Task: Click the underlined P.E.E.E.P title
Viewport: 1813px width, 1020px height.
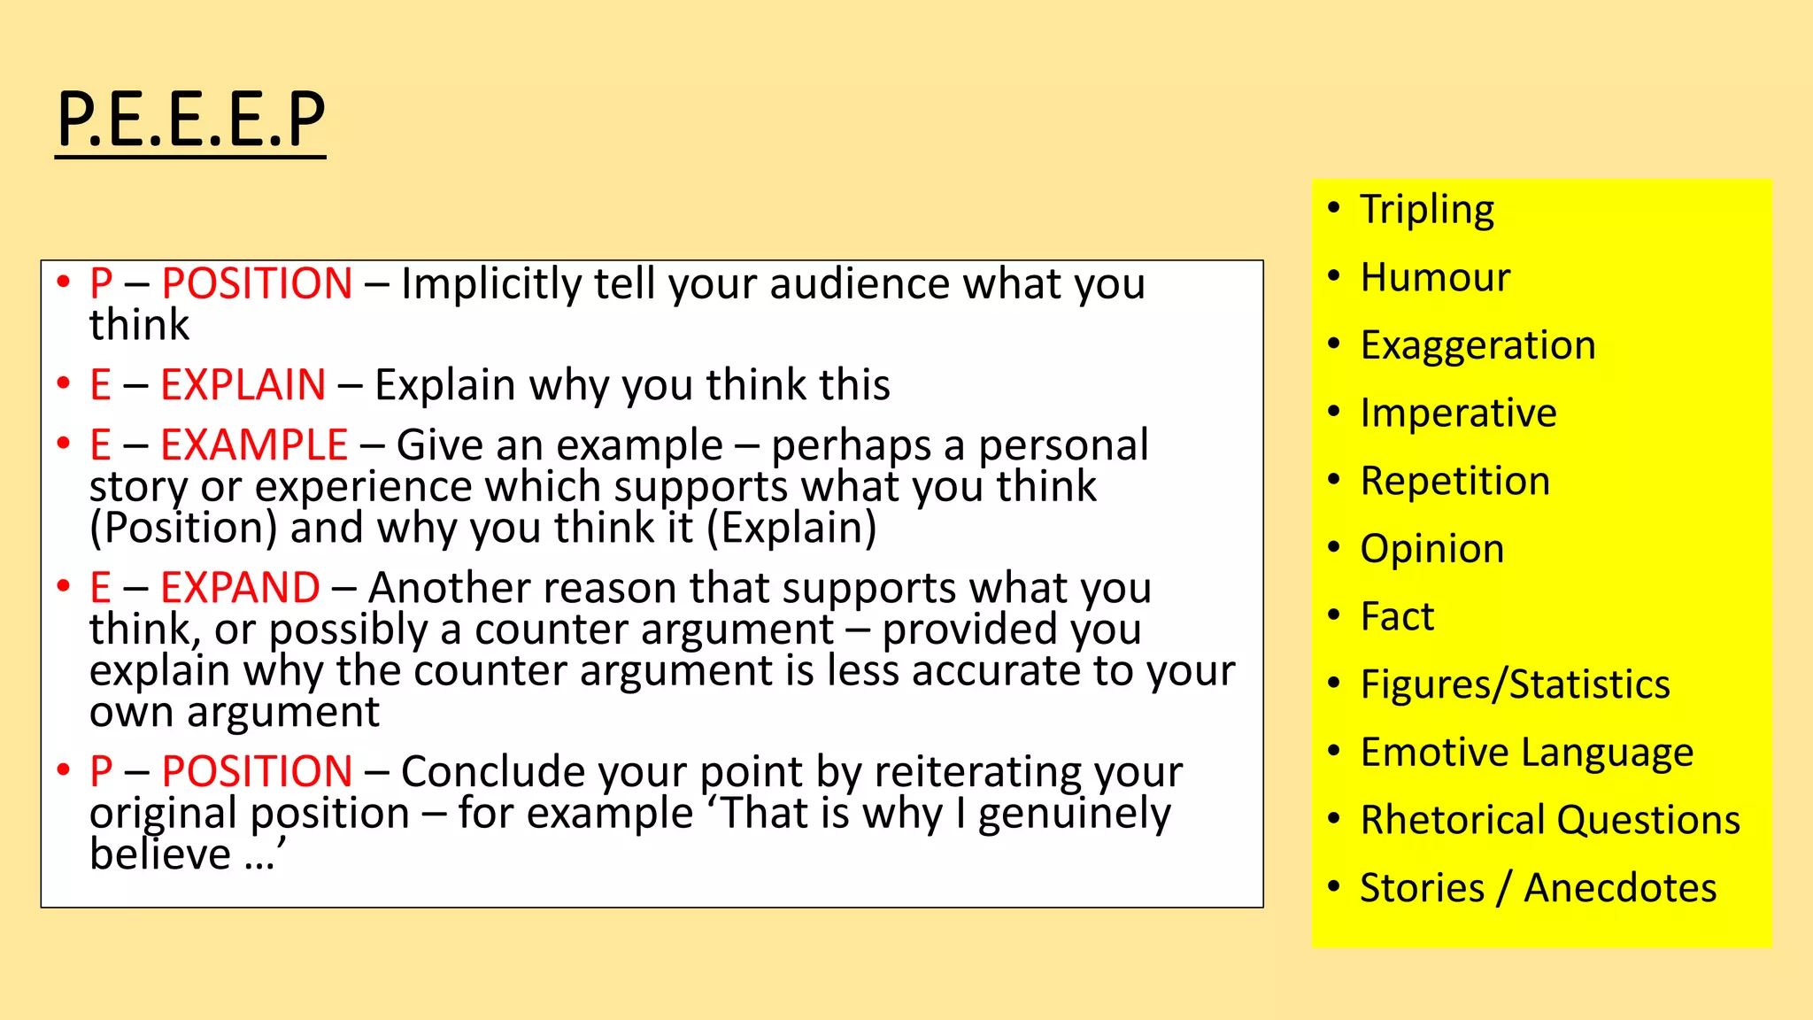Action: (190, 120)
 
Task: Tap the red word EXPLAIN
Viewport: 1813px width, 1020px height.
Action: (243, 385)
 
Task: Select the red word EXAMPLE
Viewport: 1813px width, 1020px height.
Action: (254, 444)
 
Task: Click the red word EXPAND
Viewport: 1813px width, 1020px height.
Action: (240, 588)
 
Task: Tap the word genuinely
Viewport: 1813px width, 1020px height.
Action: (1074, 815)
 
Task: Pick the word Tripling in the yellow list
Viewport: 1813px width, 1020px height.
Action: (1427, 211)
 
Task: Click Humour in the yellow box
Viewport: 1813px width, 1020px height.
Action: (1435, 278)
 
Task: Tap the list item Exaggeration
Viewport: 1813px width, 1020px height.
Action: (1477, 345)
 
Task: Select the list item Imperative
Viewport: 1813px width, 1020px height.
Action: (1458, 413)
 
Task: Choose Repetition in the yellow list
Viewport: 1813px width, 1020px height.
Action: (1454, 482)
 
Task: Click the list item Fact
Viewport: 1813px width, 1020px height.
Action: (1397, 617)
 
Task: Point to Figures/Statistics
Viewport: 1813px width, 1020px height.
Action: (1515, 685)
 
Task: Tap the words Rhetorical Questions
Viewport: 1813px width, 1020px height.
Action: (1550, 821)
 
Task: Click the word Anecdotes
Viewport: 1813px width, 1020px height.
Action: (1620, 888)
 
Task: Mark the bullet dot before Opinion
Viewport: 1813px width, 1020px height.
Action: (1334, 547)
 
